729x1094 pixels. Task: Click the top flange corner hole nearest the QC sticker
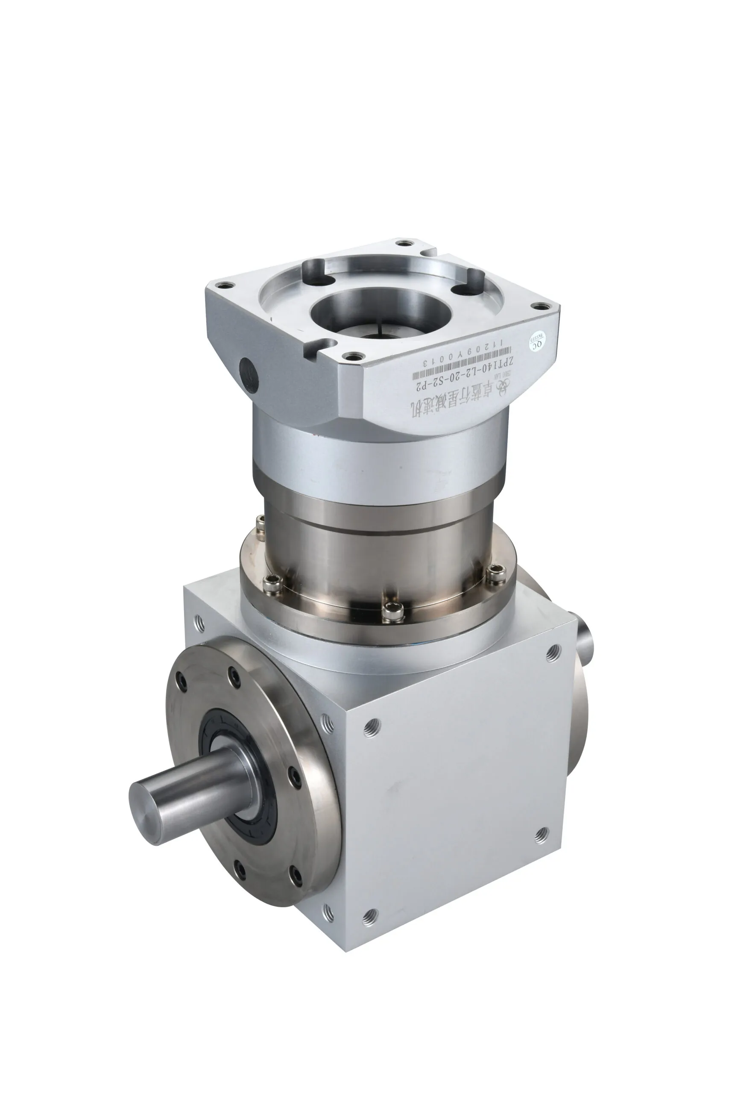tap(540, 306)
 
